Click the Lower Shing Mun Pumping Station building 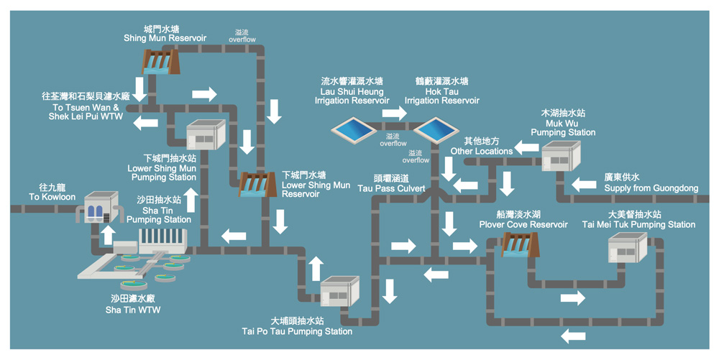pyautogui.click(x=206, y=134)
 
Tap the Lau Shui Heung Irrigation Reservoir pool pyautogui.click(x=352, y=129)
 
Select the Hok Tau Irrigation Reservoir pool pyautogui.click(x=436, y=129)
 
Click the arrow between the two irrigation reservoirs pyautogui.click(x=394, y=113)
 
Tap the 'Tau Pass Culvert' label pyautogui.click(x=392, y=184)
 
